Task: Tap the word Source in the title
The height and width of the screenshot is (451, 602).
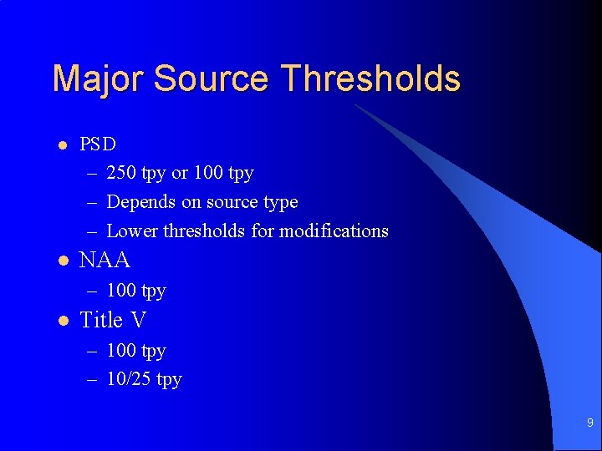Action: point(212,79)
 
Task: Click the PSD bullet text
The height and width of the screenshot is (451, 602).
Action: point(98,144)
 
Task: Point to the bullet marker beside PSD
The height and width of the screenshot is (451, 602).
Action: point(61,144)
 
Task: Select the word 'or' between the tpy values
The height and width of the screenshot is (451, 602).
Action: point(180,173)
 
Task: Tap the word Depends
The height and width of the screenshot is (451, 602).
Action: point(139,202)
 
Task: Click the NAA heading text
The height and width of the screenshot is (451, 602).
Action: point(105,261)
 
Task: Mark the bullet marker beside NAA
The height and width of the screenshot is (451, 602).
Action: point(61,261)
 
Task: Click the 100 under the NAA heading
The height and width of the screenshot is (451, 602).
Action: point(122,291)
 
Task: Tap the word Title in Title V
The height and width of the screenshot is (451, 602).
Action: point(100,320)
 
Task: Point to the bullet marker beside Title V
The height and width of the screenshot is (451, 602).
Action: point(61,320)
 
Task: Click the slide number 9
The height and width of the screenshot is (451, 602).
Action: point(589,423)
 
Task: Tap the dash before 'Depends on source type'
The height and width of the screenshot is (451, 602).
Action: point(90,202)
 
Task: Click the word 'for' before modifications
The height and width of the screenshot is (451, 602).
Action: point(263,231)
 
